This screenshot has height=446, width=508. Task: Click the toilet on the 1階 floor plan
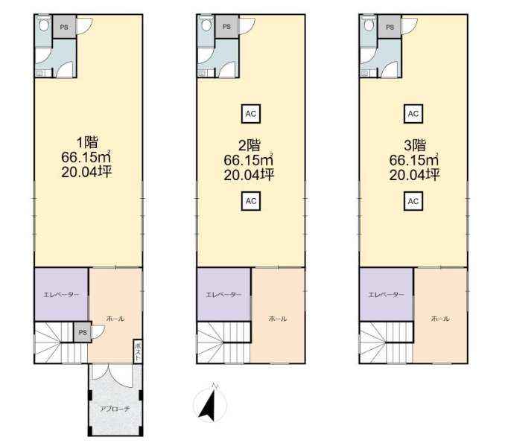tap(43, 23)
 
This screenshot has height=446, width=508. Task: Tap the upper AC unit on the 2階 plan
tap(251, 114)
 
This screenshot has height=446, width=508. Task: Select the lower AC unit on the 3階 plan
tap(413, 201)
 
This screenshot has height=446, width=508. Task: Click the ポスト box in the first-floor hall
tap(138, 351)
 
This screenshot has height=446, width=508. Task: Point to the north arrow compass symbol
tap(210, 404)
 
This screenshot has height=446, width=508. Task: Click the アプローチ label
tap(115, 409)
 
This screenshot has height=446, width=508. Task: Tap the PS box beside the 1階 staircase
tap(83, 332)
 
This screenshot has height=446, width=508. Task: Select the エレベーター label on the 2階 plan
tap(224, 295)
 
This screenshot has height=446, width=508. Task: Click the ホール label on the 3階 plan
tap(440, 319)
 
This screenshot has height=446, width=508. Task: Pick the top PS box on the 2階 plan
tap(226, 27)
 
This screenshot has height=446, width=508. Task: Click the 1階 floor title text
tap(87, 142)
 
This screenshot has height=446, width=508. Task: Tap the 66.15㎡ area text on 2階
tap(249, 159)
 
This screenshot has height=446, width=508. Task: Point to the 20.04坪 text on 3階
tap(415, 175)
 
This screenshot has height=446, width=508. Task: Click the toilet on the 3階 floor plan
tap(369, 23)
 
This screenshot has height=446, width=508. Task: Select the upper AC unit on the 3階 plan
tap(413, 114)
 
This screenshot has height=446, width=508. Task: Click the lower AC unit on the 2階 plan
tap(251, 201)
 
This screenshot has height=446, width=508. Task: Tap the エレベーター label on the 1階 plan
tap(61, 295)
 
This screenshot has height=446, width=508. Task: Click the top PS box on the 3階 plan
tap(390, 27)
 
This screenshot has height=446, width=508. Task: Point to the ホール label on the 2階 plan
tap(278, 319)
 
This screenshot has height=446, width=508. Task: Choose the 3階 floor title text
tap(415, 145)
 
